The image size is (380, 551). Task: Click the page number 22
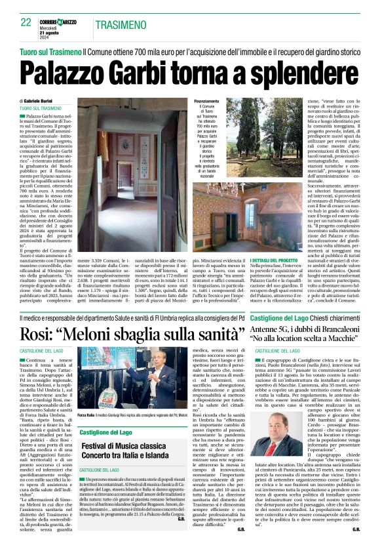[x=27, y=22]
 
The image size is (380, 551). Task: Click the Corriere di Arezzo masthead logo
[x=60, y=22]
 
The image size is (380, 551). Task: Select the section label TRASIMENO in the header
[x=117, y=26]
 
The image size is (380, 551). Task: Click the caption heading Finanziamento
[x=206, y=102]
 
